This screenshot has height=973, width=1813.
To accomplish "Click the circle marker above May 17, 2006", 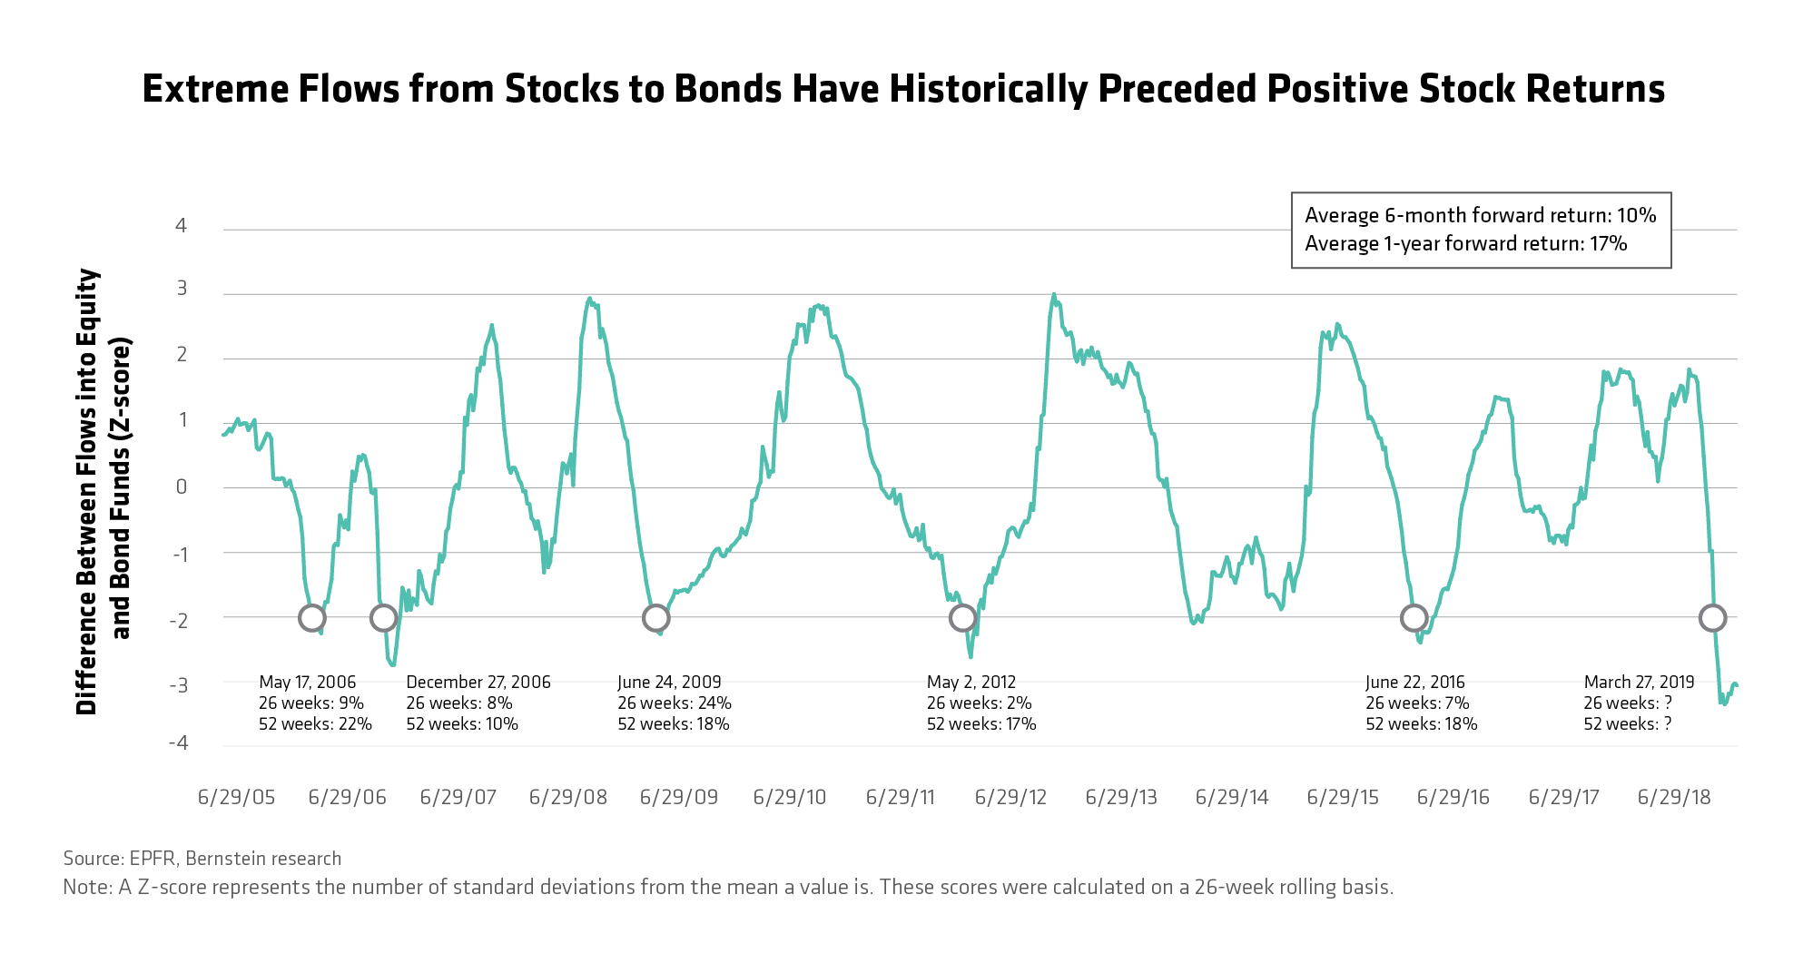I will pyautogui.click(x=311, y=618).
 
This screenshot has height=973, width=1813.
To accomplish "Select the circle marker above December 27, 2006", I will pyautogui.click(x=384, y=618).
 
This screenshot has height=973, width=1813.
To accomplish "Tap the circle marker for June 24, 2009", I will pyautogui.click(x=655, y=618).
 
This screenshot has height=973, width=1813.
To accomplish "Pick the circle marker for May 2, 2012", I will pyautogui.click(x=962, y=618).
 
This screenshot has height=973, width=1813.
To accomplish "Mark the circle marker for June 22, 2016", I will pyautogui.click(x=1414, y=618).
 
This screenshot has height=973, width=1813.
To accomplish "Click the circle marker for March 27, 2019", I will pyautogui.click(x=1712, y=618).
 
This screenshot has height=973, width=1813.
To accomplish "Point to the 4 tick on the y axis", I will pyautogui.click(x=181, y=225).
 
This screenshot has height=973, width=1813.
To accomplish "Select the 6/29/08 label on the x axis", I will pyautogui.click(x=568, y=797).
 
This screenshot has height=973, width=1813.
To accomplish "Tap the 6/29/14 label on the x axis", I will pyautogui.click(x=1232, y=797).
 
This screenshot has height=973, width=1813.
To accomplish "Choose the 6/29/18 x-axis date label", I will pyautogui.click(x=1674, y=797).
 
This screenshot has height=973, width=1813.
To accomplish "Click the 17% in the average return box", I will pyautogui.click(x=1608, y=243).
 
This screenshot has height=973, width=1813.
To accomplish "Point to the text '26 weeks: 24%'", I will pyautogui.click(x=675, y=703).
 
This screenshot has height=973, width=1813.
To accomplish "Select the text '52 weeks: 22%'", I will pyautogui.click(x=315, y=723).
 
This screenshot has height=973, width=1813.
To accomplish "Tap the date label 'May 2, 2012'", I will pyautogui.click(x=971, y=682).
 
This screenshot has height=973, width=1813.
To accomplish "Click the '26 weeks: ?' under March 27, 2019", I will pyautogui.click(x=1628, y=703).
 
